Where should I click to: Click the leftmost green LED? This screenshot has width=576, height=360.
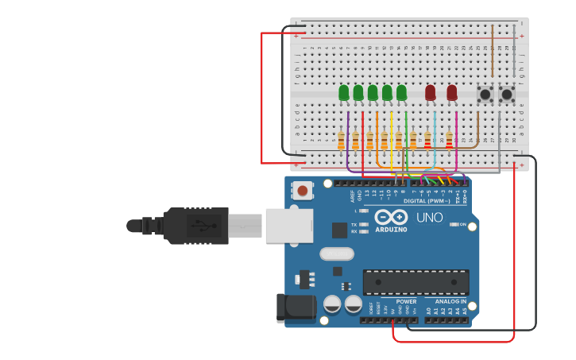344,93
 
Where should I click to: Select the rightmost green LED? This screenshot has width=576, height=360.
401,93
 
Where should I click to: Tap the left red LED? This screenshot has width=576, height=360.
430,93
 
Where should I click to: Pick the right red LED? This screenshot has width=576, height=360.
452,93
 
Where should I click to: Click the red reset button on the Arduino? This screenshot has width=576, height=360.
303,191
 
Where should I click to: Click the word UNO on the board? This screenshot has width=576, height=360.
429,217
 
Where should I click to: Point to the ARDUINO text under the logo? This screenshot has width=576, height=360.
391,230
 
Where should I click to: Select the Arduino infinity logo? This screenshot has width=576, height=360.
391,217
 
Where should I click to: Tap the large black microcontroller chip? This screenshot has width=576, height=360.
416,282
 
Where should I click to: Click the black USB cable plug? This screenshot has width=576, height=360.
195,226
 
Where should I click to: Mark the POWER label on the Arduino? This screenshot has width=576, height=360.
406,302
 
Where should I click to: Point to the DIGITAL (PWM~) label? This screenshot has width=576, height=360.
427,201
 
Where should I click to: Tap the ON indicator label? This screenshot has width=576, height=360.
462,224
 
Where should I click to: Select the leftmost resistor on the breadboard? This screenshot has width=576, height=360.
342,141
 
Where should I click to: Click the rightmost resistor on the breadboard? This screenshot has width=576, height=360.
449,141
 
